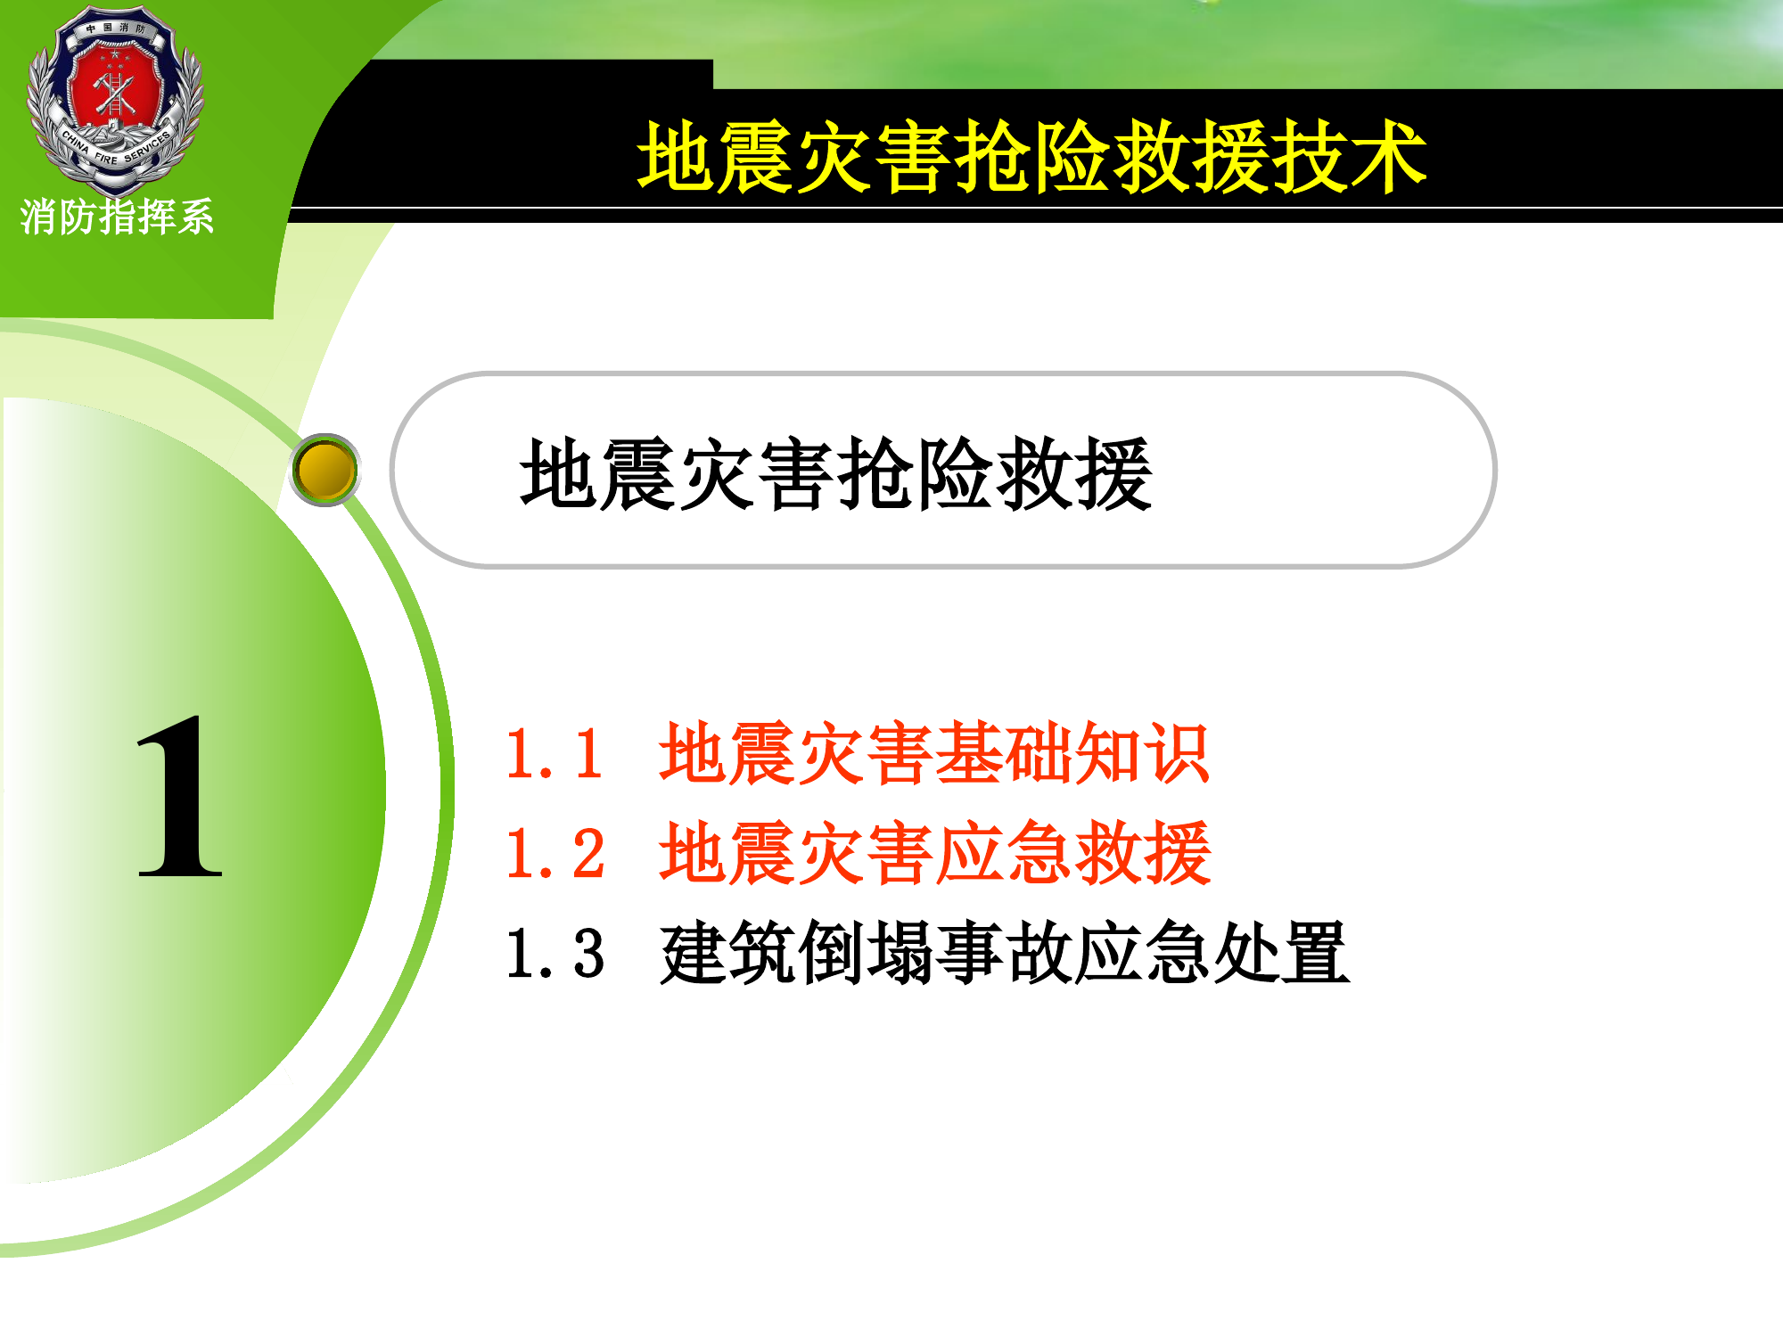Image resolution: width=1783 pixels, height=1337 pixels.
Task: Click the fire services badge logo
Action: pyautogui.click(x=116, y=98)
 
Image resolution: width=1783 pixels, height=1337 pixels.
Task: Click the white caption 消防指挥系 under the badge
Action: pyautogui.click(x=117, y=217)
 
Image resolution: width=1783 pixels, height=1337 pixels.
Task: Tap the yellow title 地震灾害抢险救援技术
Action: pyautogui.click(x=1031, y=158)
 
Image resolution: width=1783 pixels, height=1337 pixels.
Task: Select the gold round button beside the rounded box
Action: pyautogui.click(x=325, y=470)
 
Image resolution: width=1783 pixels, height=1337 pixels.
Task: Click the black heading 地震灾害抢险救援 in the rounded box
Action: pyautogui.click(x=835, y=474)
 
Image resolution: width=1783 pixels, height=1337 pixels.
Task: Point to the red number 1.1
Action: pyautogui.click(x=555, y=754)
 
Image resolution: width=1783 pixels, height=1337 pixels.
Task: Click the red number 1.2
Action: pyautogui.click(x=555, y=854)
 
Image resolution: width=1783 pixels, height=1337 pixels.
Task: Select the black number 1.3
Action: pyautogui.click(x=555, y=954)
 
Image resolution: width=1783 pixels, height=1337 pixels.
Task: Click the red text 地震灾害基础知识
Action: pyautogui.click(x=933, y=754)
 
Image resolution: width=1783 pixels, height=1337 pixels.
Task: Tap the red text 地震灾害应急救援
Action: pyautogui.click(x=934, y=854)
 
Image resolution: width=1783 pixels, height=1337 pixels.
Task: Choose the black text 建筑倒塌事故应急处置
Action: pyautogui.click(x=1004, y=954)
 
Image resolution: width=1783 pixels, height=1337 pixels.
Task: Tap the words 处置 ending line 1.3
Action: pyautogui.click(x=1280, y=954)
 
